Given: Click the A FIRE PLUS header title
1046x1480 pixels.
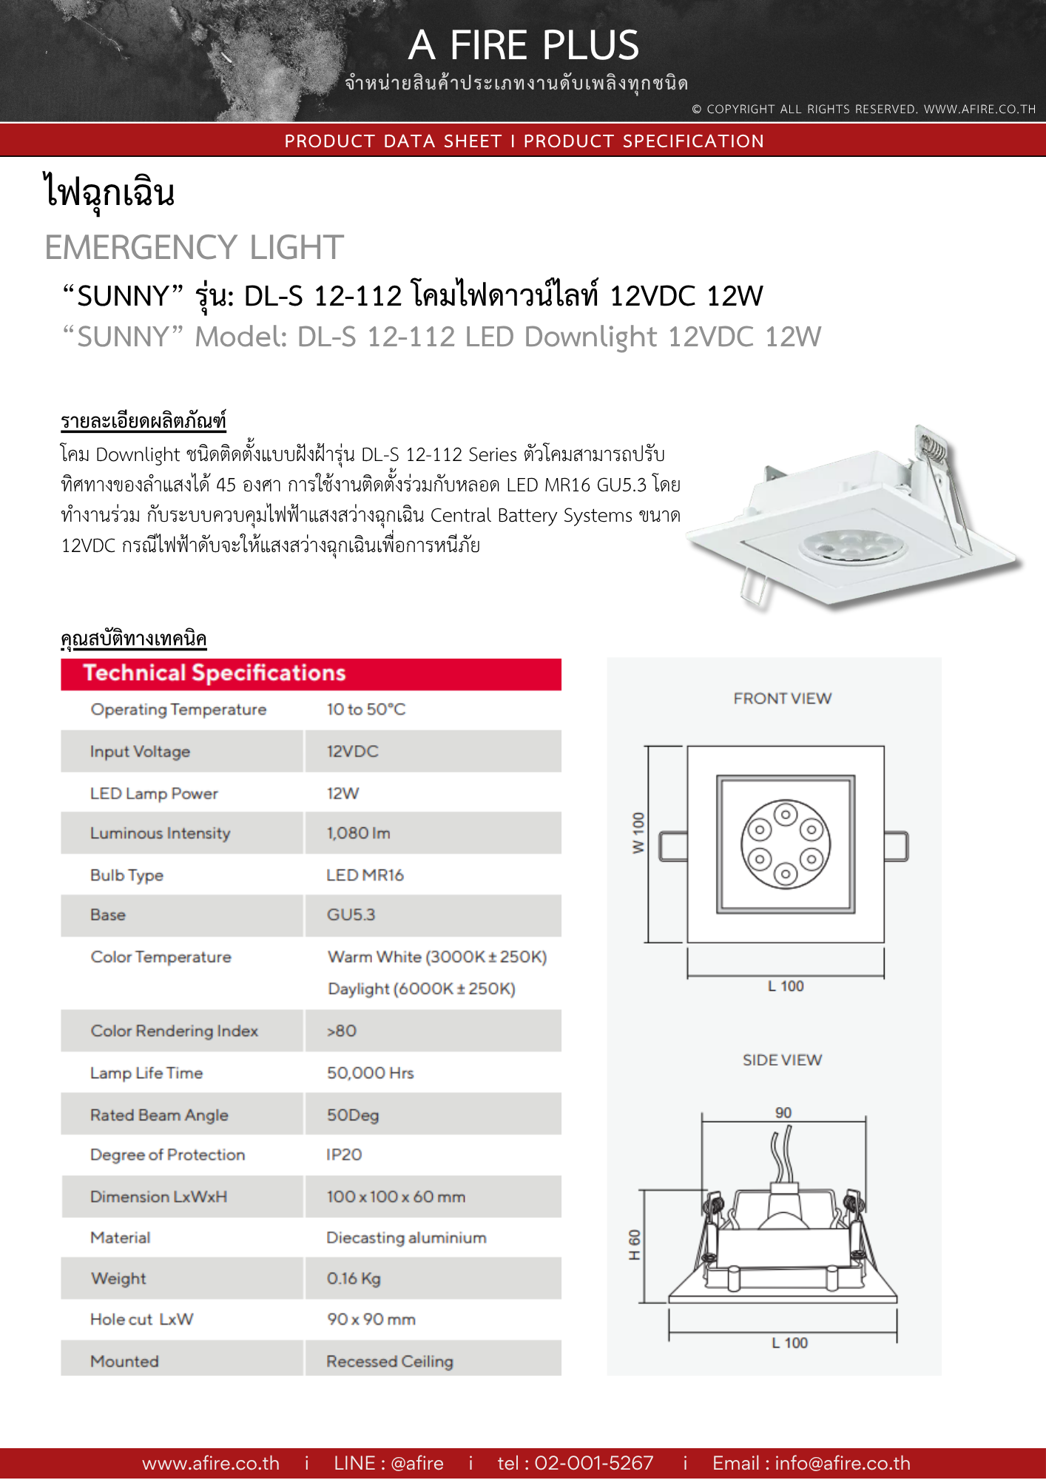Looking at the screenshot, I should click(523, 45).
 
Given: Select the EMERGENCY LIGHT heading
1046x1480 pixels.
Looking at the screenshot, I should click(194, 247).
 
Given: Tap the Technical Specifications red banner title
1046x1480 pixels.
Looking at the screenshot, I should click(215, 673).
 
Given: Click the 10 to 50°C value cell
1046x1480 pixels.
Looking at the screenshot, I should click(366, 710).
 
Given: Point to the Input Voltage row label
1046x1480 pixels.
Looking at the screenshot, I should click(140, 752).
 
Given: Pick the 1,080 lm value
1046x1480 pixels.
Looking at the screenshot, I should click(358, 833).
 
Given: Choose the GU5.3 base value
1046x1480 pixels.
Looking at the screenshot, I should click(351, 915).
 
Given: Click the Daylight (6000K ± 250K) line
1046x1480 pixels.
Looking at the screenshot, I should click(422, 989).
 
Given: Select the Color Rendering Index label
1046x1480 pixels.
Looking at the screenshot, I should click(174, 1032).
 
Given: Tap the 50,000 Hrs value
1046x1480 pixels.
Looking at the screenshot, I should click(370, 1073).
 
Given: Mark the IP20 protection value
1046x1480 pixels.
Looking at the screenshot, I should click(344, 1155).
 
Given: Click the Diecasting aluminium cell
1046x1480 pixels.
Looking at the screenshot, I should click(406, 1238).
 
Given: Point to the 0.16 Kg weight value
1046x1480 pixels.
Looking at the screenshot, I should click(354, 1279).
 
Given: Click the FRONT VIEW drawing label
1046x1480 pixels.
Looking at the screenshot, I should click(782, 699).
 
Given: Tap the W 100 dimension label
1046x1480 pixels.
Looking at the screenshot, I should click(638, 833).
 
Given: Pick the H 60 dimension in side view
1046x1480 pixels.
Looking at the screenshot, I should click(635, 1245).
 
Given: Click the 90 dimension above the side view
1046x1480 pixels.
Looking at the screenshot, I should click(783, 1113).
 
